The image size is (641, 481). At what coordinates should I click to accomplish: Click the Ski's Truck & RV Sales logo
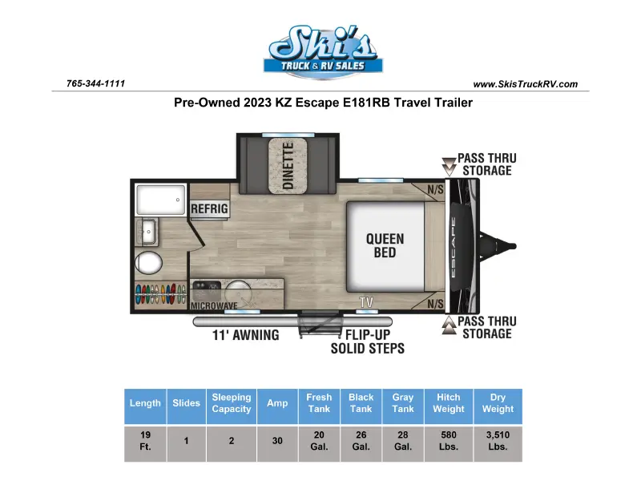[x=323, y=51]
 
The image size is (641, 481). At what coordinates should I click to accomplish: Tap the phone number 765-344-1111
[x=95, y=83]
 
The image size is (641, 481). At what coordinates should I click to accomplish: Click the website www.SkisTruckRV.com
[x=526, y=84]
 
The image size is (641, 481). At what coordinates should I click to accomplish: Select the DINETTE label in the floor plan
[x=288, y=166]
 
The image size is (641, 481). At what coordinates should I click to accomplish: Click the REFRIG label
[x=209, y=208]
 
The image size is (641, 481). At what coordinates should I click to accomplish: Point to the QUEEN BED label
[x=385, y=245]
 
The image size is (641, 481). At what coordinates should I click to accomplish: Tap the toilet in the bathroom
[x=148, y=263]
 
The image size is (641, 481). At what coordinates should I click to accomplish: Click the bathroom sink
[x=147, y=232]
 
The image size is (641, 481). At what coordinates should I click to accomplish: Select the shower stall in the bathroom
[x=161, y=200]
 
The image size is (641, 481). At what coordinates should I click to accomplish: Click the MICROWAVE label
[x=214, y=305]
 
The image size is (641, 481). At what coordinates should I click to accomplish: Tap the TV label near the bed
[x=366, y=302]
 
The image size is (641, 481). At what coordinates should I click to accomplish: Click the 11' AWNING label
[x=246, y=335]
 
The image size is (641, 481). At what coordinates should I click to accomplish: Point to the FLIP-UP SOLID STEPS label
[x=368, y=342]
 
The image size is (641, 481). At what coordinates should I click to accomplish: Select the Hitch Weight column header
[x=449, y=403]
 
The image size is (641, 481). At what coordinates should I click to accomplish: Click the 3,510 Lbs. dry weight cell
[x=498, y=440]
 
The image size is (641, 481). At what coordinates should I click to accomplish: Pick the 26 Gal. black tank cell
[x=361, y=440]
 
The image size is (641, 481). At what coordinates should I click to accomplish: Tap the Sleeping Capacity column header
[x=232, y=403]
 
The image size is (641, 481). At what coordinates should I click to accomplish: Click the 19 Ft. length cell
[x=146, y=440]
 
